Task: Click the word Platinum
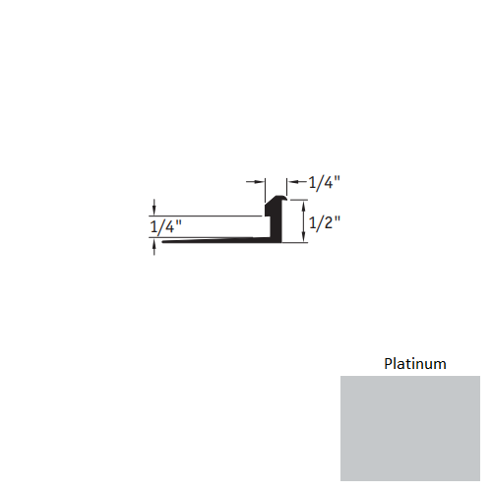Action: pyautogui.click(x=414, y=364)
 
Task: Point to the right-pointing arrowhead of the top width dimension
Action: pyautogui.click(x=262, y=182)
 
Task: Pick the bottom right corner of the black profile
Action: pyautogui.click(x=284, y=244)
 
